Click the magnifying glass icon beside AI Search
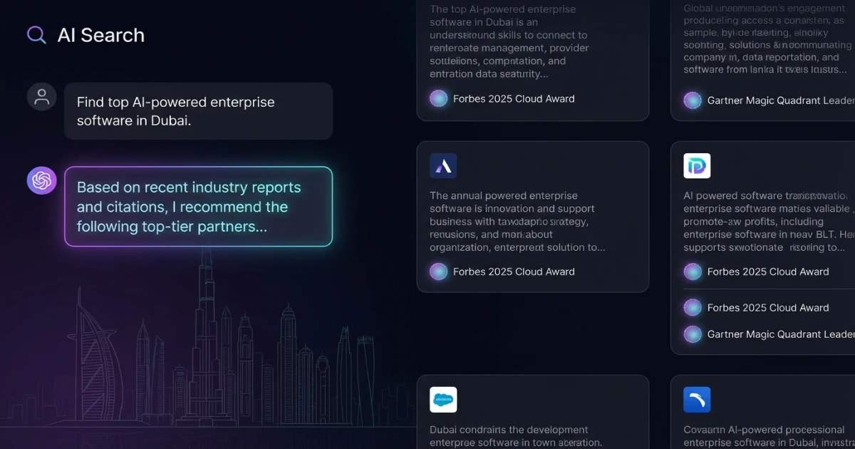pyautogui.click(x=36, y=35)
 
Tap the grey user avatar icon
pyautogui.click(x=41, y=96)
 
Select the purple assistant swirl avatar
pyautogui.click(x=41, y=181)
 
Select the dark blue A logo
pyautogui.click(x=443, y=166)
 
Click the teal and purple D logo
pyautogui.click(x=697, y=166)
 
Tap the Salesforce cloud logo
pyautogui.click(x=443, y=400)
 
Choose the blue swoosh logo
pyautogui.click(x=697, y=400)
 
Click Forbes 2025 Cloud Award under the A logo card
pyautogui.click(x=514, y=272)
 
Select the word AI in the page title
pyautogui.click(x=66, y=35)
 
